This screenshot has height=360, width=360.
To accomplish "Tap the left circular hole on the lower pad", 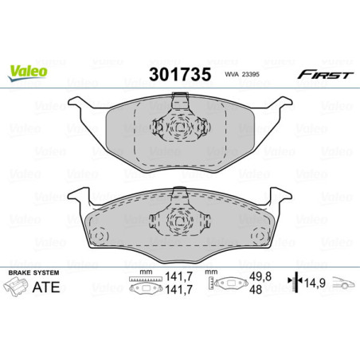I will (x=101, y=236).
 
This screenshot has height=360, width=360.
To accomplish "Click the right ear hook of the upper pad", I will (x=279, y=104).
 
